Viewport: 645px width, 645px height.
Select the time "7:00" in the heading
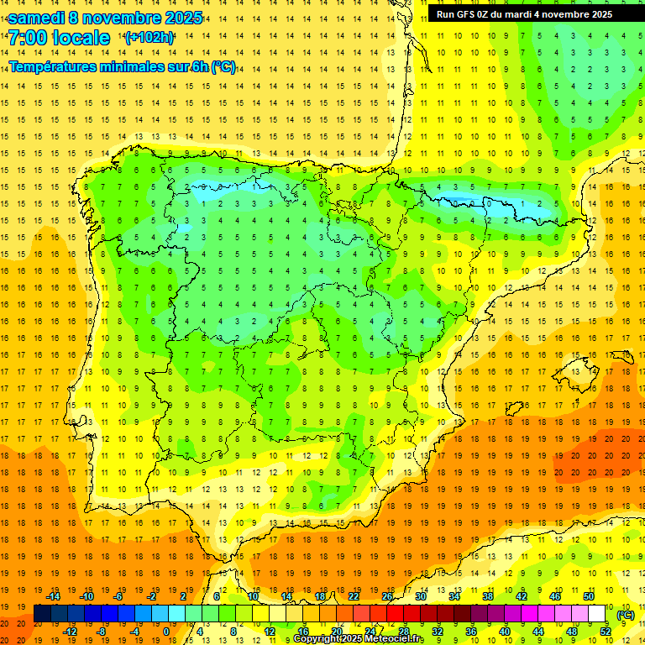click(28, 38)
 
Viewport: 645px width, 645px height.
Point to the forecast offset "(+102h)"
click(149, 38)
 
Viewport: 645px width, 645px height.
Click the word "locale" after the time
click(82, 38)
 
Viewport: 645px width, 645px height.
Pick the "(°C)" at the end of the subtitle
click(223, 67)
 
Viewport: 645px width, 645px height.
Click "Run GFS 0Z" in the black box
click(463, 14)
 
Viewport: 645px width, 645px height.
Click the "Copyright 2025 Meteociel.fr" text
click(358, 639)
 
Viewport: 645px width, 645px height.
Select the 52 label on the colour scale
click(606, 632)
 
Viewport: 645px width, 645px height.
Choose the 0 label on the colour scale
click(166, 632)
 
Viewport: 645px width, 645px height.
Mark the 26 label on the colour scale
click(387, 596)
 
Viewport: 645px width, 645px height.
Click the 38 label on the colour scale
click(488, 596)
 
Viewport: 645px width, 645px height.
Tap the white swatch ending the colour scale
click(597, 614)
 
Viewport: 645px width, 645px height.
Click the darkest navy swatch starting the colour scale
click(43, 614)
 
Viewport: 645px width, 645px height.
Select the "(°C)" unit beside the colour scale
click(626, 615)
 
